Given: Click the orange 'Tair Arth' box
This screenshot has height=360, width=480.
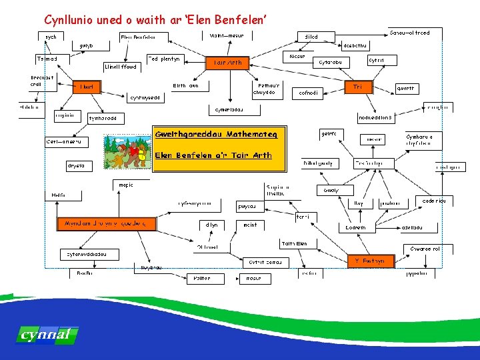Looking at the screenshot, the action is (228, 63).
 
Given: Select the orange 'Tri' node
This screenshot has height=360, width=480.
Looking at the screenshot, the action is (358, 87).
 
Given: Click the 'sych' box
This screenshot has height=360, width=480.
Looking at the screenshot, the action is (51, 37).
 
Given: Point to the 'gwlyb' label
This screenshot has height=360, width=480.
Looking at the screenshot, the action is (86, 46).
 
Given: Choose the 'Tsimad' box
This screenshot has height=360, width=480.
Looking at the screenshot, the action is (47, 59).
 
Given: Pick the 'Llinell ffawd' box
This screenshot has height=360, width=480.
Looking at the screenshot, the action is (122, 67).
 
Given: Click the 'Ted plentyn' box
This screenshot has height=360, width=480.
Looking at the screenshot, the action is (163, 59).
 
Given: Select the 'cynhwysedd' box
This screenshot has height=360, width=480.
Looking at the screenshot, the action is (145, 97).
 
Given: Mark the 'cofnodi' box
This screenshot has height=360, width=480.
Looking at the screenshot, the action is (309, 93).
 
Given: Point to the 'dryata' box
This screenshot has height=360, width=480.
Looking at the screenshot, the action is (76, 165).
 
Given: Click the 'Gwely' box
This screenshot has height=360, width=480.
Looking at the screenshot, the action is (331, 190).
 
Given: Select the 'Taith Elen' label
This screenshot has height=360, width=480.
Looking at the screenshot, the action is (295, 244).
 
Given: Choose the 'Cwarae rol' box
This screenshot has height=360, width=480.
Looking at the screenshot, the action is (424, 249).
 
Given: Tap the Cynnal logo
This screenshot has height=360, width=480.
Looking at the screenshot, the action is (46, 334).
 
